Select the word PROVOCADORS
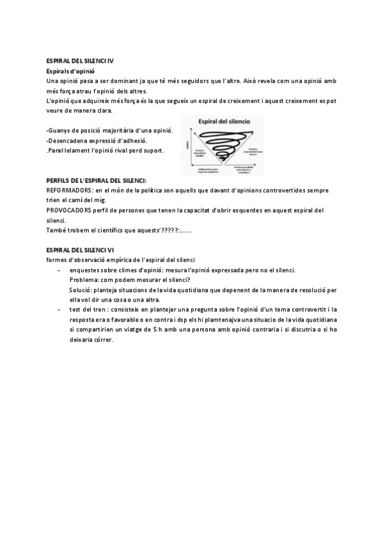coord(69,210)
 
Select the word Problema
coord(84,280)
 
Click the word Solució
coord(81,290)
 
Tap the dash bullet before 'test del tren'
coord(59,309)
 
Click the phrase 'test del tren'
coord(86,309)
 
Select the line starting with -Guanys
coord(109,130)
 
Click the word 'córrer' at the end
coord(101,339)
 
